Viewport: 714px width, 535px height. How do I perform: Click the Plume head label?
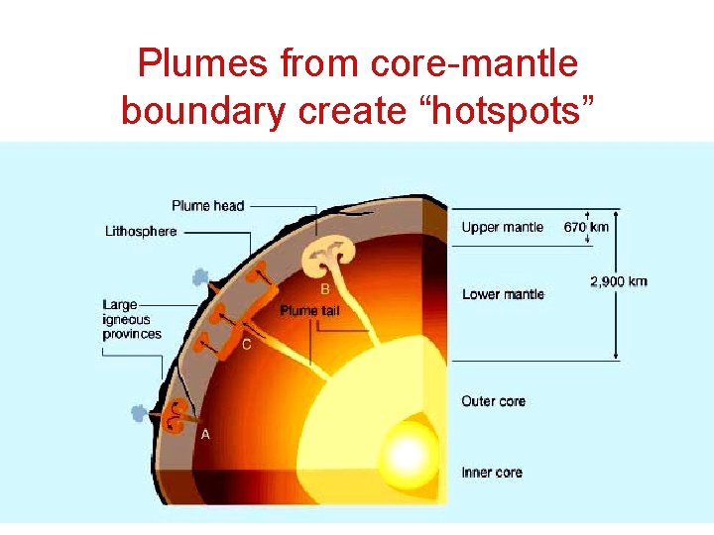coord(207,205)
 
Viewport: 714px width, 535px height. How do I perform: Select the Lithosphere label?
coord(141,231)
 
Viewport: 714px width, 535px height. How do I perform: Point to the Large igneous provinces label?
coord(131,319)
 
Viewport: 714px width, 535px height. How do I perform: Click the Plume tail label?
coord(312,310)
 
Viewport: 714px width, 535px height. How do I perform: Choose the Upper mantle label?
coord(502,227)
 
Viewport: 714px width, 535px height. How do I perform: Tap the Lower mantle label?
coord(503,294)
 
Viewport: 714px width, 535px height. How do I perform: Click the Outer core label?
coord(493,401)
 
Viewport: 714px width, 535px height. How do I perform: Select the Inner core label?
coord(492,472)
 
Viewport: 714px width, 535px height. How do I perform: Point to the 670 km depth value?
coord(586,227)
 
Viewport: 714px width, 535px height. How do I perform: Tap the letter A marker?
coord(205,434)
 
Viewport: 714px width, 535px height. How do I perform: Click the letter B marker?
coord(325,289)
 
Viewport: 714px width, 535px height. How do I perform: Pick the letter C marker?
coord(246,344)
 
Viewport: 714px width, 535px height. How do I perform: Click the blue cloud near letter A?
coord(141,413)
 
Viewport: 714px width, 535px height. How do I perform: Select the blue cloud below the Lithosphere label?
coord(201,278)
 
